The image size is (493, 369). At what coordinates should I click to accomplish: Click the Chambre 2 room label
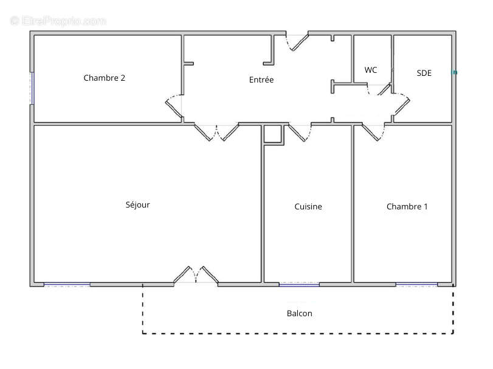[105, 78]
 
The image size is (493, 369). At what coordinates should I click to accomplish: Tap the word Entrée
[261, 80]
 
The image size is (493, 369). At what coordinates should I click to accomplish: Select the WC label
[371, 70]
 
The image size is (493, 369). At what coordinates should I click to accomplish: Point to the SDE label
[424, 73]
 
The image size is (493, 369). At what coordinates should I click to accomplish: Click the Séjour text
[138, 205]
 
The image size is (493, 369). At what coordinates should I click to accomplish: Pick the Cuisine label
[308, 206]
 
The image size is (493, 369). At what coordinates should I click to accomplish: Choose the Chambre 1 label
[407, 206]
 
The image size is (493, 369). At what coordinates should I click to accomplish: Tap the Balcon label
[299, 313]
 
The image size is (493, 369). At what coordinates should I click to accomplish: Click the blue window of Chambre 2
[32, 88]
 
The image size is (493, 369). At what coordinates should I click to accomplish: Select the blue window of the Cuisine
[299, 285]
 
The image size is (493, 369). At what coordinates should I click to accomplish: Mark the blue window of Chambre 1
[416, 285]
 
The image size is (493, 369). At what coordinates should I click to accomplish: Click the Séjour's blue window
[67, 285]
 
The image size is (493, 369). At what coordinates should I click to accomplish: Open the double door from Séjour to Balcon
[196, 275]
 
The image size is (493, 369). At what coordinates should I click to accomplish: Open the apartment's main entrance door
[297, 42]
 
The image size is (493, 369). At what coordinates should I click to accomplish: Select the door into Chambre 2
[174, 106]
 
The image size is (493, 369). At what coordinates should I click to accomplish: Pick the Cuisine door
[300, 133]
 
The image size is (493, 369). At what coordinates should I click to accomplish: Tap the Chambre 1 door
[373, 132]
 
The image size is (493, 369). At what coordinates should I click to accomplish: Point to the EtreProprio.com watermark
[58, 21]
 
